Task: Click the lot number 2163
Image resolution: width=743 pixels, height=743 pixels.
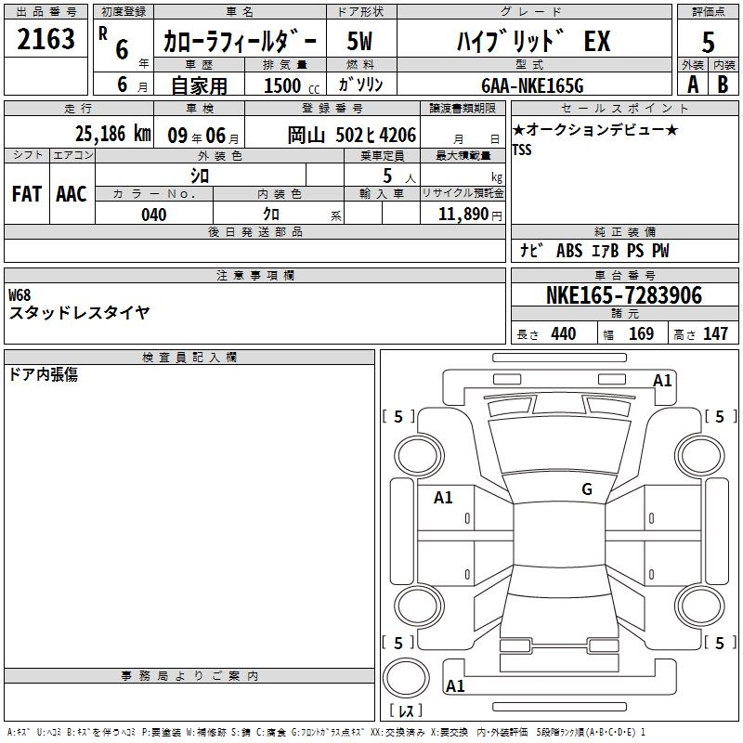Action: (x=46, y=39)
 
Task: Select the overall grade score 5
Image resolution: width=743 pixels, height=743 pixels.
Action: (x=708, y=42)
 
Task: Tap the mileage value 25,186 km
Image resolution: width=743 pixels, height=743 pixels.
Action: (x=113, y=134)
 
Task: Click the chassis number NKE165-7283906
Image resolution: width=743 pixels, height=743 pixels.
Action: (x=624, y=295)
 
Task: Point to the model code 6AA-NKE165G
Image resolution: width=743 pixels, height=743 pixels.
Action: (x=532, y=85)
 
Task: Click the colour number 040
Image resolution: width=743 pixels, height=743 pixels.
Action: (x=153, y=215)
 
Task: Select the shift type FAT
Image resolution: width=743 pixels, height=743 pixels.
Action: (x=27, y=194)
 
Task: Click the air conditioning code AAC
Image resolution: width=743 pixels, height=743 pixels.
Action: (x=72, y=194)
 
